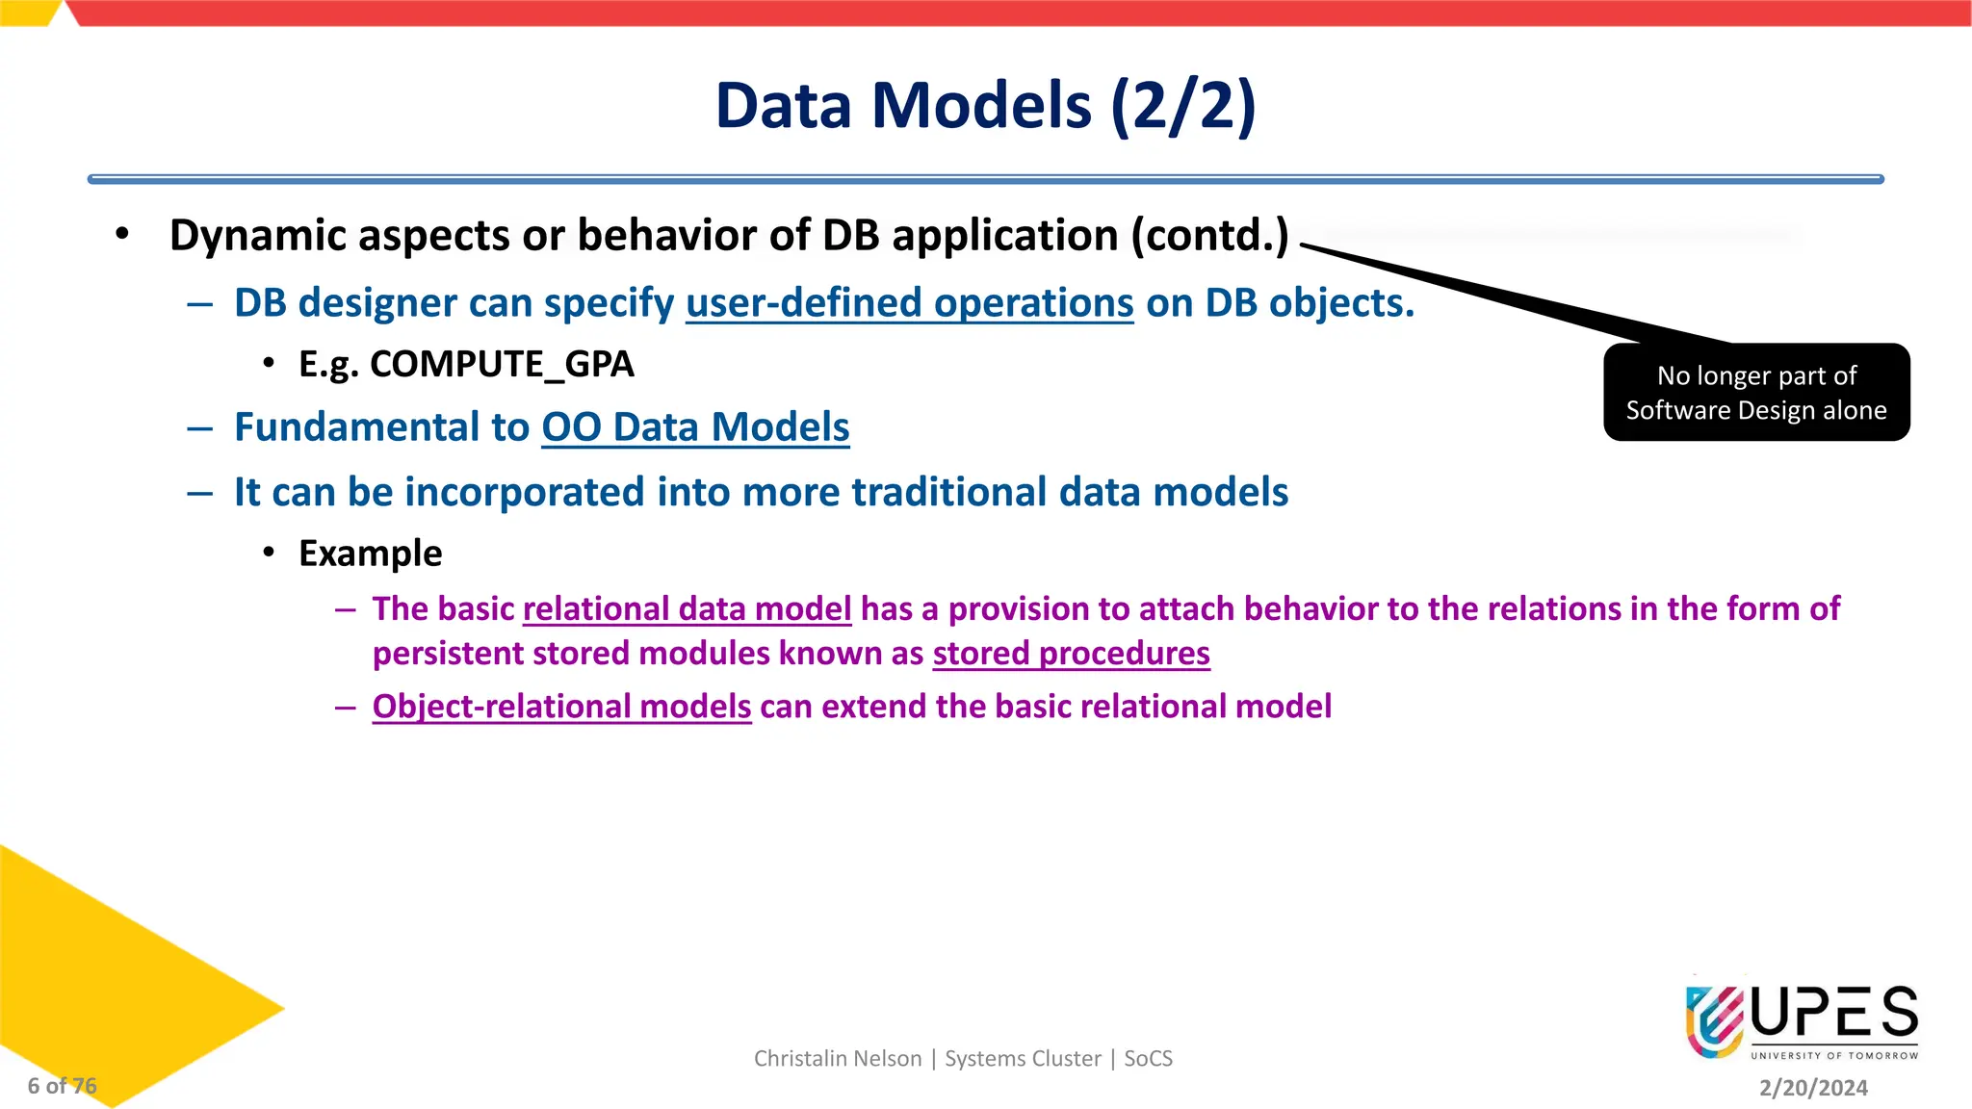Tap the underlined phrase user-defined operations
pos(909,303)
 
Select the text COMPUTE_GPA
pos(501,364)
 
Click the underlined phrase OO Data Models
pos(695,427)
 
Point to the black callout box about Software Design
pos(1756,393)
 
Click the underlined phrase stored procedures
pos(1071,654)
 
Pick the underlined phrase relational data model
pos(687,609)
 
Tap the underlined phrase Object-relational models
pos(561,707)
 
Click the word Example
pos(371,554)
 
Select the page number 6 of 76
pos(62,1086)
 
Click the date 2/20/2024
pos(1813,1088)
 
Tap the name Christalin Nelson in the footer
pos(838,1059)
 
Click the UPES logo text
pos(1834,1013)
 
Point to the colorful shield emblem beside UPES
pos(1715,1020)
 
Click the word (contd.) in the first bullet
pos(1209,236)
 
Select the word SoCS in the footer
pos(1148,1059)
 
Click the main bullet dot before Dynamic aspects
pos(121,234)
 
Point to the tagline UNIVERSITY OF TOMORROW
pos(1834,1056)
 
